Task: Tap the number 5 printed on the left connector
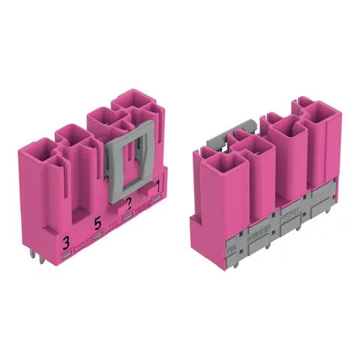tap(97, 222)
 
